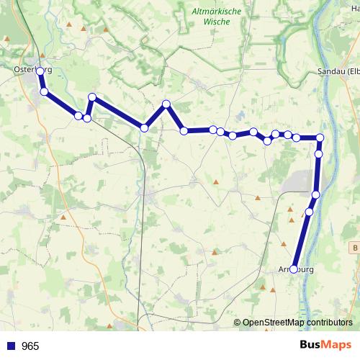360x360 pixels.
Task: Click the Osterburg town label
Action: pos(33,69)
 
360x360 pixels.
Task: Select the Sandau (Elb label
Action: pos(338,71)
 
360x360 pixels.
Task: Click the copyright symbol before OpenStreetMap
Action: pos(238,323)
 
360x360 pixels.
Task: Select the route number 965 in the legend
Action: pos(30,346)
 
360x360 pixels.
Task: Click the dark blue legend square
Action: pos(11,346)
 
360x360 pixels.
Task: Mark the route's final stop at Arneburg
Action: pos(294,269)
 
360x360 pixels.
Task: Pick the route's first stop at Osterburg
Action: pos(40,71)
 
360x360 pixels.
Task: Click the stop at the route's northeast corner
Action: pos(320,138)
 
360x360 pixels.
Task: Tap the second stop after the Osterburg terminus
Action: pos(78,115)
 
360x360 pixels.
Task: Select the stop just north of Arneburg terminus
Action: pos(310,212)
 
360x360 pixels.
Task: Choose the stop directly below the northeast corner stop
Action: pos(319,153)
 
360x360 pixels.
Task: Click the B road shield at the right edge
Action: pos(355,247)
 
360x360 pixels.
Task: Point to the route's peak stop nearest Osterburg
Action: pos(92,97)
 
